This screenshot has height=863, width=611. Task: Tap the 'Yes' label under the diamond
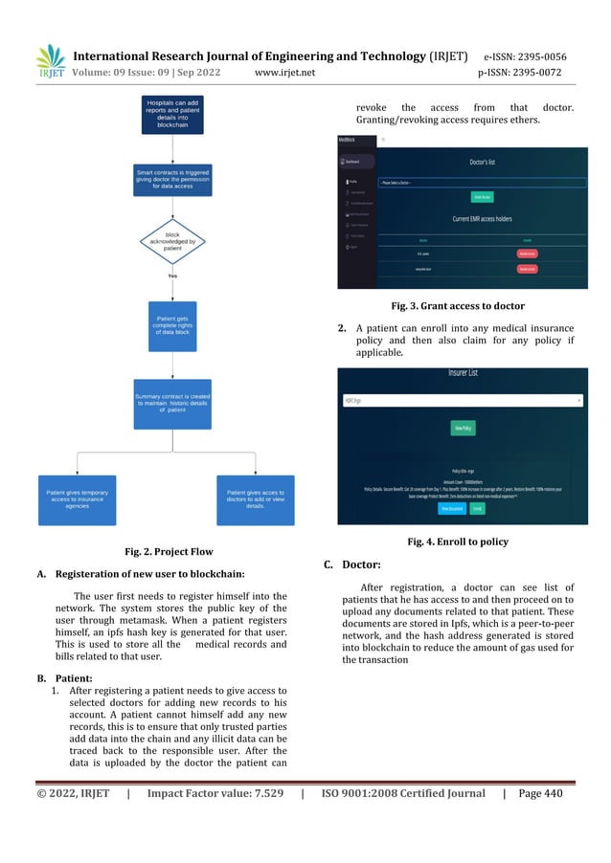pyautogui.click(x=172, y=276)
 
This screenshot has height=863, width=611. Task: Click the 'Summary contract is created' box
pyautogui.click(x=172, y=404)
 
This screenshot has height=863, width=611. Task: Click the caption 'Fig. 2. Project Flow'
pyautogui.click(x=169, y=551)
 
